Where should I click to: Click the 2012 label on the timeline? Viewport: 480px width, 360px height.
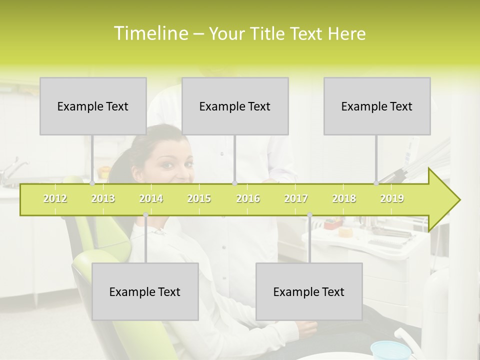[55, 198]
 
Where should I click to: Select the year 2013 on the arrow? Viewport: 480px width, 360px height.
[103, 198]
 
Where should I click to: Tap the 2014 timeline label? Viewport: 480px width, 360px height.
[151, 198]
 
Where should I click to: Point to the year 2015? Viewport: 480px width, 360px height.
[199, 198]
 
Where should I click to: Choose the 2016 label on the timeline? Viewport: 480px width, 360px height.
[248, 198]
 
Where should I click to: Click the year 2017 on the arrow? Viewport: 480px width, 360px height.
[296, 198]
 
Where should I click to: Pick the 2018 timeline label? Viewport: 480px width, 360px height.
[344, 198]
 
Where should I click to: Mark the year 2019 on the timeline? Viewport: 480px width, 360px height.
[392, 198]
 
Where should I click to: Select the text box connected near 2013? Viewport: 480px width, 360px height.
[93, 106]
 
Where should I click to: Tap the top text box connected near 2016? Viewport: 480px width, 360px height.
[235, 106]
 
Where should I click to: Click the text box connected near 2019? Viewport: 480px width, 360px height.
[377, 106]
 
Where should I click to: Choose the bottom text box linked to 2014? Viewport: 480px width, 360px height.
[145, 291]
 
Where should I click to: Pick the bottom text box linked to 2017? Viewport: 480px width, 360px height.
[309, 291]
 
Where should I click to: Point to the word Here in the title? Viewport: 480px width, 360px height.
[346, 34]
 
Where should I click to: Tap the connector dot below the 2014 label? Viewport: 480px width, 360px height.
[145, 214]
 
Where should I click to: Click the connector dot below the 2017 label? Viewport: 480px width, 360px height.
[309, 214]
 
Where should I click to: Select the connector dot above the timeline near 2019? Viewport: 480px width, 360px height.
[376, 183]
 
